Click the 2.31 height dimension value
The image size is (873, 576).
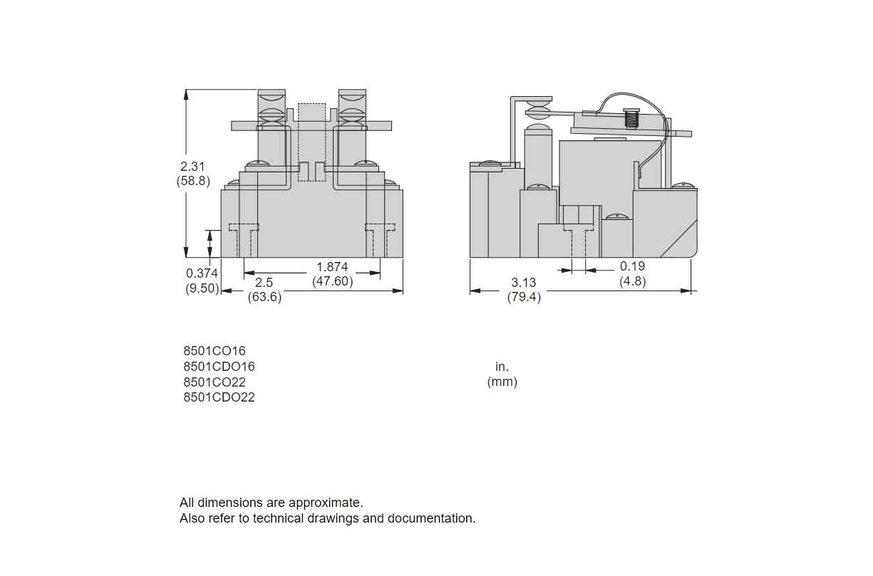[x=192, y=166]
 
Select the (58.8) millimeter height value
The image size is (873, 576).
[x=193, y=181]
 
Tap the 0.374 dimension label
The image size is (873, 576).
[x=202, y=273]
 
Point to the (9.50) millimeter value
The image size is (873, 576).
[x=202, y=288]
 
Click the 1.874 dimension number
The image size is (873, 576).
[x=332, y=266]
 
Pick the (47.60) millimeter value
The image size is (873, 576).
[x=332, y=281]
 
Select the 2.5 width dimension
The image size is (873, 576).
[x=264, y=283]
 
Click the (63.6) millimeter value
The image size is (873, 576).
[x=264, y=297]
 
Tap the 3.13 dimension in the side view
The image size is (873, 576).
[x=523, y=283]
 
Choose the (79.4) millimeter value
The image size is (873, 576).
[x=524, y=297]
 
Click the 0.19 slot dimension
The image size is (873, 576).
[x=632, y=266]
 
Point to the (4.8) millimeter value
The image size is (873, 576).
[x=632, y=281]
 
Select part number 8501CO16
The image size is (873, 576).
[x=214, y=351]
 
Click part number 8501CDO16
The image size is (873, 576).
[x=219, y=367]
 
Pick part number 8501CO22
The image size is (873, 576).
[x=214, y=382]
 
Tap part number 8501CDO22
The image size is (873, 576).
[x=219, y=397]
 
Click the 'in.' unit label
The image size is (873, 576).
[x=502, y=367]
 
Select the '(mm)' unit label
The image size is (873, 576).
[x=502, y=382]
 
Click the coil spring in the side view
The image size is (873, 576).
[x=630, y=117]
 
